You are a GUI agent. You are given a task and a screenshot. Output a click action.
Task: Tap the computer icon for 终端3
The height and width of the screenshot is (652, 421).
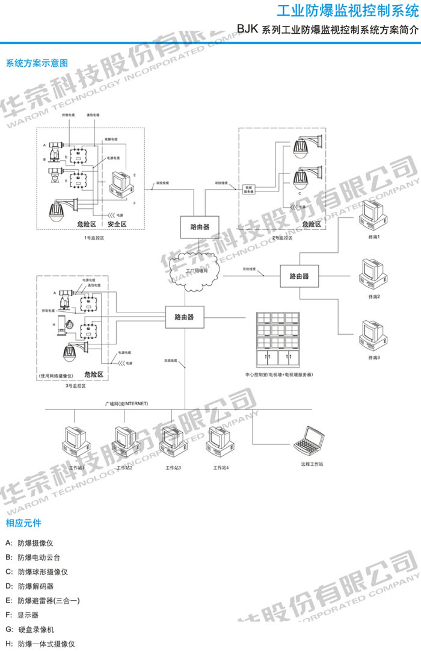click(371, 335)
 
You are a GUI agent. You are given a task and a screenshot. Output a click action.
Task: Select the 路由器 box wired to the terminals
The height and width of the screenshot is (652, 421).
click(299, 276)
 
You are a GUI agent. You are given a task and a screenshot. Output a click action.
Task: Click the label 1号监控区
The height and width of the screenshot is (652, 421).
click(94, 238)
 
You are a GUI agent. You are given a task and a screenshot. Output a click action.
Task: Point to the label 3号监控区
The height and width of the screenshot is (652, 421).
click(76, 385)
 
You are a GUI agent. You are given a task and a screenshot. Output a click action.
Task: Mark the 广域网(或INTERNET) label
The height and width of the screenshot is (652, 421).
click(126, 403)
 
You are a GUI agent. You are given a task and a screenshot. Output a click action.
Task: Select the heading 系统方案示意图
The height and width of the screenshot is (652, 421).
click(37, 63)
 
